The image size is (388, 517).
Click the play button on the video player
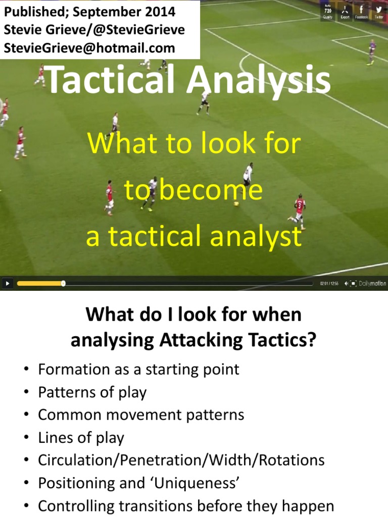7,283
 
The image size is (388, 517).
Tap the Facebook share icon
361,12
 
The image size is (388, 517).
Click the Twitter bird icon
379,12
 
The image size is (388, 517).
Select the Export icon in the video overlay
345,12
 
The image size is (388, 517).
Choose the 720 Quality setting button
327,12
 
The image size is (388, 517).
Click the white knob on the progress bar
63,283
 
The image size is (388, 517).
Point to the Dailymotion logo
372,283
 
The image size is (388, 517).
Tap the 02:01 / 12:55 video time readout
328,283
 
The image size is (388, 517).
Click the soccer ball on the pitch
236,203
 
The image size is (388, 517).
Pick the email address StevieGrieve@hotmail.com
90,48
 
